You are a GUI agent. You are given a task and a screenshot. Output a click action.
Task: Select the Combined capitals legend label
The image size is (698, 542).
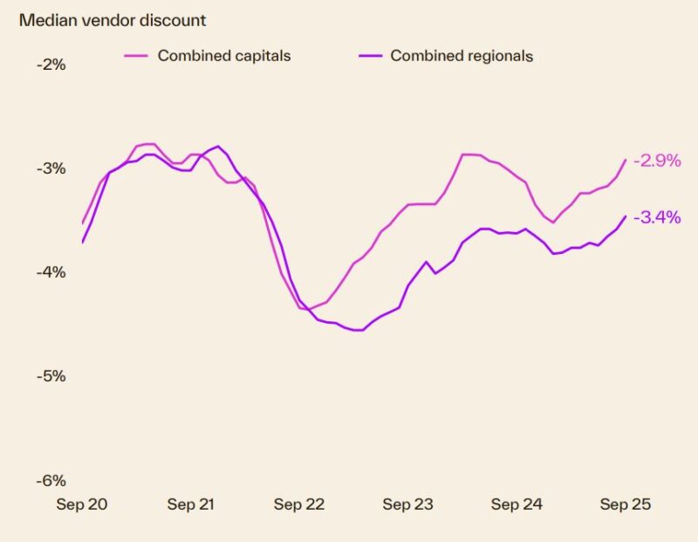[x=223, y=56]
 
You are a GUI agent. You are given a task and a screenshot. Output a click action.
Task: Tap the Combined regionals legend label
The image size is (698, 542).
[x=462, y=56]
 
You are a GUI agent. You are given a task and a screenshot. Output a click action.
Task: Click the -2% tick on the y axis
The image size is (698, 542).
[x=52, y=65]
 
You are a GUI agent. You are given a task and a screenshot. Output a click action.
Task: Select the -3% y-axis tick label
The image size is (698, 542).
[x=52, y=168]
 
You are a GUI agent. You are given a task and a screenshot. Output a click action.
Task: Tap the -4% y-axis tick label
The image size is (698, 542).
[x=52, y=272]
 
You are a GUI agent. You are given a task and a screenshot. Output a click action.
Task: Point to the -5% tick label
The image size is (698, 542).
[x=52, y=376]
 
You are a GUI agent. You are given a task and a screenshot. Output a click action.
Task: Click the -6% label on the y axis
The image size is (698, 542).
[x=52, y=481]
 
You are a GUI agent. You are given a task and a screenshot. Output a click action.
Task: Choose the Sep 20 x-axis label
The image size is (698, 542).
[x=81, y=504]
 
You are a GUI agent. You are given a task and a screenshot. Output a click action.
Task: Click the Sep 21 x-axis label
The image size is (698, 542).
[x=192, y=504]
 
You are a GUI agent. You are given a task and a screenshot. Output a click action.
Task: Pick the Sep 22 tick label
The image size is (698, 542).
[x=299, y=504]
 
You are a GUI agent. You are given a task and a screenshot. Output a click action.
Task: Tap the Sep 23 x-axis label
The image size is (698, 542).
[x=407, y=504]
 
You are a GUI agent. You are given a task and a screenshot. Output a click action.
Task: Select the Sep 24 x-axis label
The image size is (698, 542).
[x=517, y=504]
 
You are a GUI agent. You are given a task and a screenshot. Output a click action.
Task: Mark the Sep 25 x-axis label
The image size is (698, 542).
[x=625, y=504]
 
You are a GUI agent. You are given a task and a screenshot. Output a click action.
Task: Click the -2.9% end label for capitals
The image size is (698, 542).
[x=657, y=161]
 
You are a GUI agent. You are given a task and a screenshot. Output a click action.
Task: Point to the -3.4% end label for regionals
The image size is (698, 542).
[x=657, y=217]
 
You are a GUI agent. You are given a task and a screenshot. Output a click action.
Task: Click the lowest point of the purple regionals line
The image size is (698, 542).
[x=357, y=330]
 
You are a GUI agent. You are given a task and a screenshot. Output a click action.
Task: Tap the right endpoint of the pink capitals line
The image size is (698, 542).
[x=626, y=160]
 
